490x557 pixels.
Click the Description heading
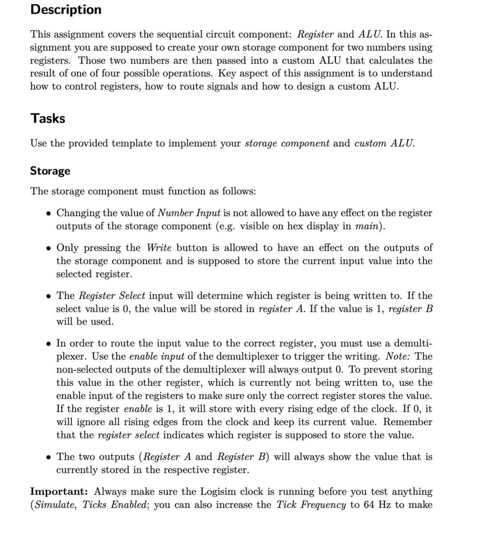click(x=66, y=9)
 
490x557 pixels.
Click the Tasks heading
click(x=48, y=118)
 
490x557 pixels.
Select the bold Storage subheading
click(x=50, y=171)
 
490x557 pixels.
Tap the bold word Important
click(x=59, y=491)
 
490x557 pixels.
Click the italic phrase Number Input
click(x=189, y=213)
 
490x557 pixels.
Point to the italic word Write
click(x=159, y=248)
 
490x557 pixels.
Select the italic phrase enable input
click(x=156, y=356)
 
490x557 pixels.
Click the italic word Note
click(x=398, y=356)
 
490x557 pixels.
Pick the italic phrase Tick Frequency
click(x=311, y=505)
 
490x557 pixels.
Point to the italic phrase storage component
click(x=287, y=143)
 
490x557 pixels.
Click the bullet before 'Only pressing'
click(x=48, y=248)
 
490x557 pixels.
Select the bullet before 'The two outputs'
click(x=48, y=457)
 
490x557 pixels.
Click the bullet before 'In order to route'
click(x=48, y=344)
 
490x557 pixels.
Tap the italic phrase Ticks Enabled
click(x=114, y=505)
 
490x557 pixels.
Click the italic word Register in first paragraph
click(x=315, y=34)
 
